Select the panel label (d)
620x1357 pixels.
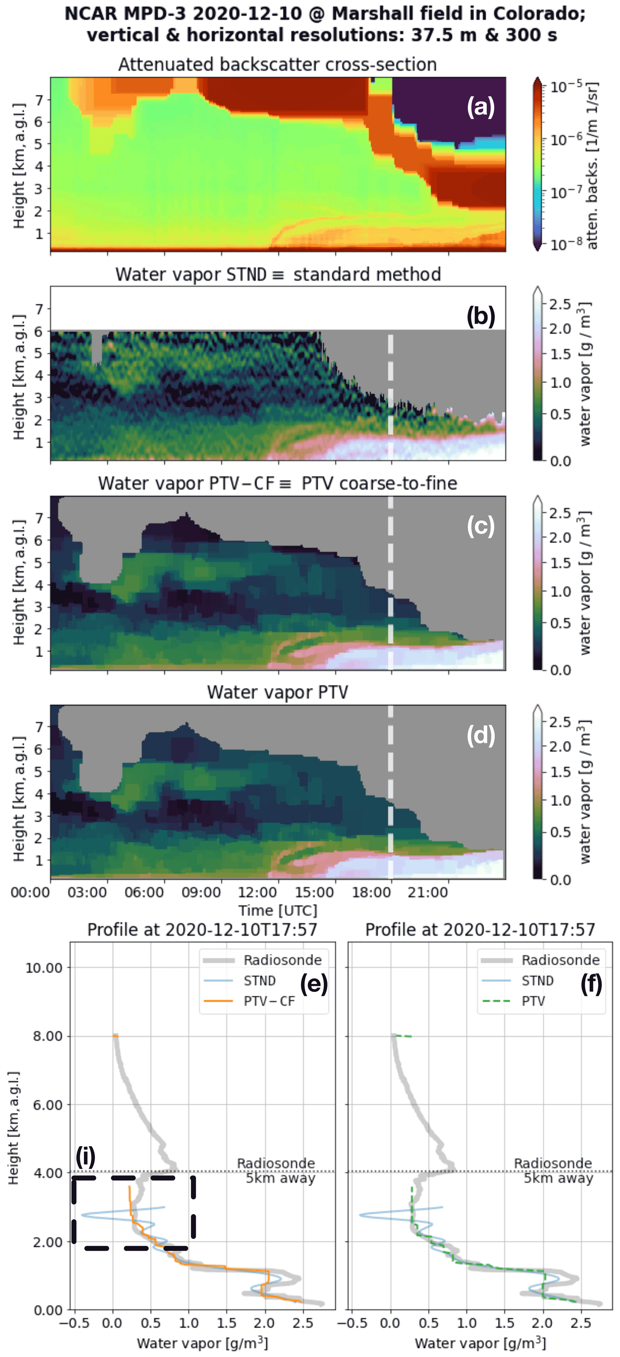pos(481,736)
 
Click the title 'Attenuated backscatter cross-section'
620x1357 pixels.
pos(277,64)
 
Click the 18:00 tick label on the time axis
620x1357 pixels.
pos(371,892)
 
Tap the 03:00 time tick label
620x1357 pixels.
pos(87,892)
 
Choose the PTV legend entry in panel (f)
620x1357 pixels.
pos(533,1001)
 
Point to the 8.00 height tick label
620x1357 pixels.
pos(47,1036)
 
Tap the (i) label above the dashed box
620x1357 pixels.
pos(85,1157)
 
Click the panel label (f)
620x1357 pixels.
pos(591,984)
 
